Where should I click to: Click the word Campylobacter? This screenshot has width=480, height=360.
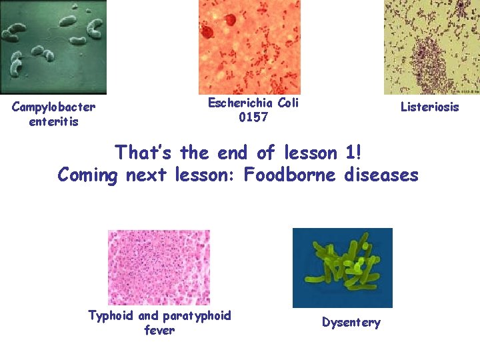pyautogui.click(x=53, y=107)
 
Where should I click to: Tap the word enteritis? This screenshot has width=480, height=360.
pyautogui.click(x=53, y=121)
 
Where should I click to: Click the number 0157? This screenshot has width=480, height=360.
pyautogui.click(x=253, y=117)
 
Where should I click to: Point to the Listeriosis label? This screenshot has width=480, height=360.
pyautogui.click(x=429, y=107)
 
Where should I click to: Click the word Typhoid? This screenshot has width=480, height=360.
pyautogui.click(x=111, y=315)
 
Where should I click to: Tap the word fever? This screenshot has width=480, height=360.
pyautogui.click(x=159, y=330)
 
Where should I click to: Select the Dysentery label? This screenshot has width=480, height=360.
pyautogui.click(x=351, y=323)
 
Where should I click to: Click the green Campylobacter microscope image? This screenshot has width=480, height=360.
pyautogui.click(x=53, y=47)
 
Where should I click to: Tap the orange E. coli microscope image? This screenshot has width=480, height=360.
pyautogui.click(x=249, y=47)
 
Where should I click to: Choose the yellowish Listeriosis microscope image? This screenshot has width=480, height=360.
pyautogui.click(x=431, y=47)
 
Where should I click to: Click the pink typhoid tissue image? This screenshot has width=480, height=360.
pyautogui.click(x=159, y=267)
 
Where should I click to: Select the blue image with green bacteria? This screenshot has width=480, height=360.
pyautogui.click(x=342, y=267)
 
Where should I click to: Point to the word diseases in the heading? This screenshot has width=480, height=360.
pyautogui.click(x=381, y=175)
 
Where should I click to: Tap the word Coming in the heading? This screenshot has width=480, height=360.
pyautogui.click(x=87, y=175)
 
